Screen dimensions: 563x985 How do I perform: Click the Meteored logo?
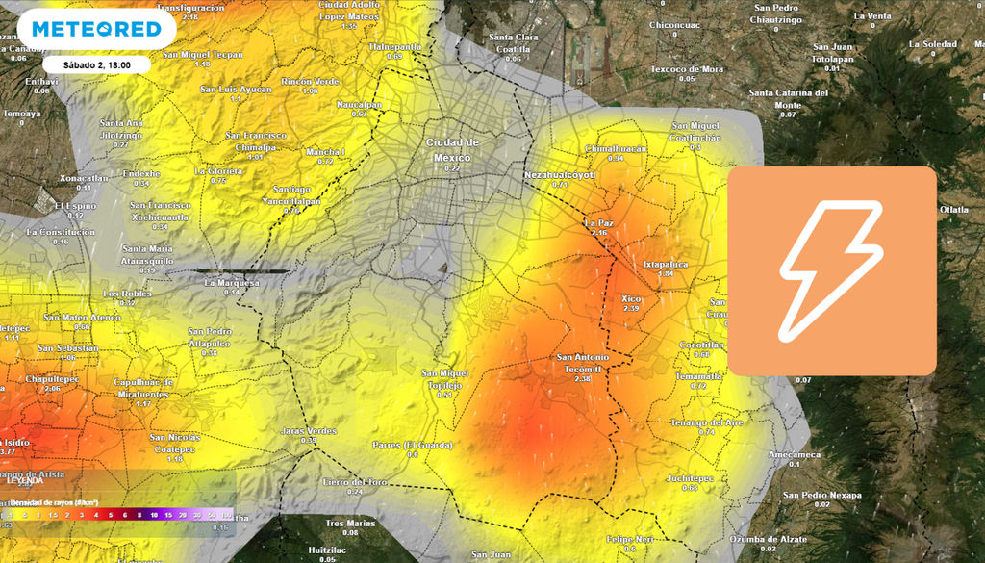point(96,29)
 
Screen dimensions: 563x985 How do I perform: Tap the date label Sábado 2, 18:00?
point(96,64)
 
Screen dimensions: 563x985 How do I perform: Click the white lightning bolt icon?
point(831,270)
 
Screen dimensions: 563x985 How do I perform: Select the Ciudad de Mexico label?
point(452,150)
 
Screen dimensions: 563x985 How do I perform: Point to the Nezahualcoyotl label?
point(560,175)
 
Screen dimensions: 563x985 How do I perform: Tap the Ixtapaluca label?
point(665,263)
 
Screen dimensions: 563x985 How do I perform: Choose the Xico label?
point(632,298)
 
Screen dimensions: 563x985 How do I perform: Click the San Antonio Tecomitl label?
point(582,363)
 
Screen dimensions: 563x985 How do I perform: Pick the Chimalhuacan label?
point(616,149)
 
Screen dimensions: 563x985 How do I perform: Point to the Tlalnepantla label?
point(395,46)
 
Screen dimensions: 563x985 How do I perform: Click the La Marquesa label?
point(232,283)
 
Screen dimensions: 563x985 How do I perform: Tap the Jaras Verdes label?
point(308,431)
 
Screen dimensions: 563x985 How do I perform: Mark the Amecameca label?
point(795,454)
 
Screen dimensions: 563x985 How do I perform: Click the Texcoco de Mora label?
point(687,69)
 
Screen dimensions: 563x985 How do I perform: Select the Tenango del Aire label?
point(707,422)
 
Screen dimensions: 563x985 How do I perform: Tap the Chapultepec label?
point(51,379)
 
